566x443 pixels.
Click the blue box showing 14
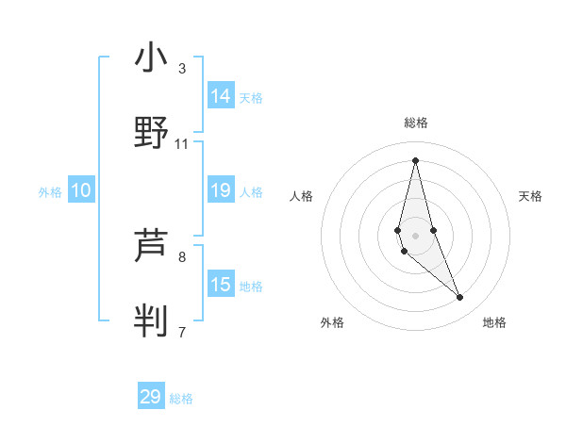(221, 96)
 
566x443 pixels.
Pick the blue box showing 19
(221, 191)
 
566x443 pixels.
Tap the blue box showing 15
(221, 285)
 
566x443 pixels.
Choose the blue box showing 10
(81, 191)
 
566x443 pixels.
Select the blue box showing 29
(151, 397)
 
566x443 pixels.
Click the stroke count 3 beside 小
(182, 68)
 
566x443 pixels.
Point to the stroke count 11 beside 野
(182, 144)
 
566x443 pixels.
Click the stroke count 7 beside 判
(182, 332)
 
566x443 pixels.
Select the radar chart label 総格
(415, 123)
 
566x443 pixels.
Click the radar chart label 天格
(530, 196)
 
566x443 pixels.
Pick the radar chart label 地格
(494, 322)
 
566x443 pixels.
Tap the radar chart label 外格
(332, 322)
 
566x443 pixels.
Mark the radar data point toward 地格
(460, 298)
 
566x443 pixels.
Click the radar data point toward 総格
(415, 159)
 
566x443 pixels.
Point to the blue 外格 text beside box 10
(50, 192)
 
